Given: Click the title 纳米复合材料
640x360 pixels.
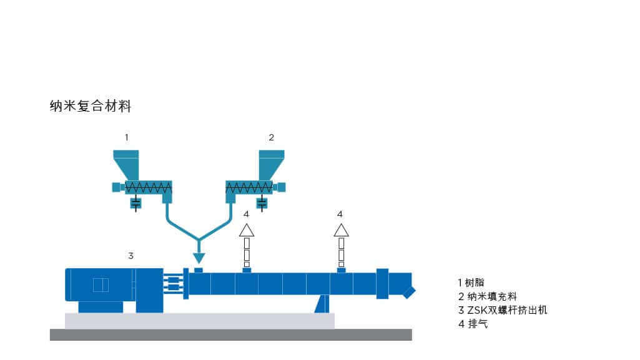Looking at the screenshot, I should (x=91, y=106).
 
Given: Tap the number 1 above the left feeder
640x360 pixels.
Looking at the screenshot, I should (x=127, y=137).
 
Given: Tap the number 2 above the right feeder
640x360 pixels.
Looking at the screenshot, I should (x=271, y=137).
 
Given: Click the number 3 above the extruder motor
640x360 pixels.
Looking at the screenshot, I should (x=130, y=255).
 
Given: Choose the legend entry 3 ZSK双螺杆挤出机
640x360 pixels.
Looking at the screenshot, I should (x=502, y=309).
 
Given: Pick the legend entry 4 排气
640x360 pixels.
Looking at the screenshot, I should (x=473, y=323).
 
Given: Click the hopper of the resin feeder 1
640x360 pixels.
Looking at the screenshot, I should (x=127, y=163).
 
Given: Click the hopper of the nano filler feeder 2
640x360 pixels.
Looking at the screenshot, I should (x=271, y=163).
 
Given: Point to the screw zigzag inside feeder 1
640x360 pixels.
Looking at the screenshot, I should (x=148, y=187).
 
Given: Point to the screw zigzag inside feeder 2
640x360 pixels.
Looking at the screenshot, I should (x=249, y=187).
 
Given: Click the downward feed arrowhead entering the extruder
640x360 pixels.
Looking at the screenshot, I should (x=199, y=256).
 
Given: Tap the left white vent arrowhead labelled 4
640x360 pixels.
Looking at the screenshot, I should (x=247, y=230).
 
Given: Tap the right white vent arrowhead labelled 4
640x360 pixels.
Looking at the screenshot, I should (x=341, y=230).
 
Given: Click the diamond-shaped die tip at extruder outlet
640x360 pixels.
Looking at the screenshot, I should (x=408, y=292).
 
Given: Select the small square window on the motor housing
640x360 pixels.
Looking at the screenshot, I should (x=100, y=285).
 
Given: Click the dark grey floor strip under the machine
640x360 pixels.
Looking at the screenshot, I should (x=230, y=334).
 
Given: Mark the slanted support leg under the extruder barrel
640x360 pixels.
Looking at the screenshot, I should (x=322, y=303).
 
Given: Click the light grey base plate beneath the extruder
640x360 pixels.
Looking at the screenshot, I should (x=199, y=321).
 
